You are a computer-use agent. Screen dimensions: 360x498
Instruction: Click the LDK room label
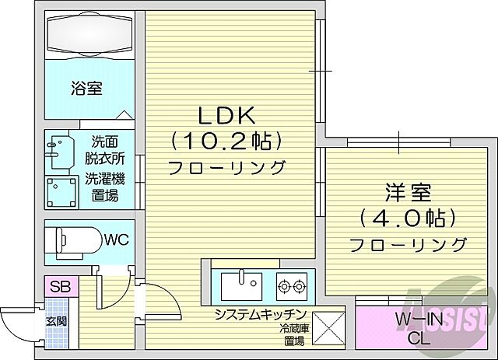pos(225,116)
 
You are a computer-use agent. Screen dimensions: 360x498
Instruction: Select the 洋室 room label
pos(407,191)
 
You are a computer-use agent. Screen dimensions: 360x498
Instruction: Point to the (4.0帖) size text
pos(408,216)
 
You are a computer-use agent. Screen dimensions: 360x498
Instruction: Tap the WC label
pos(116,236)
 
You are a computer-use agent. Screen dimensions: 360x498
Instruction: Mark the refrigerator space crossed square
pos(326,326)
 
